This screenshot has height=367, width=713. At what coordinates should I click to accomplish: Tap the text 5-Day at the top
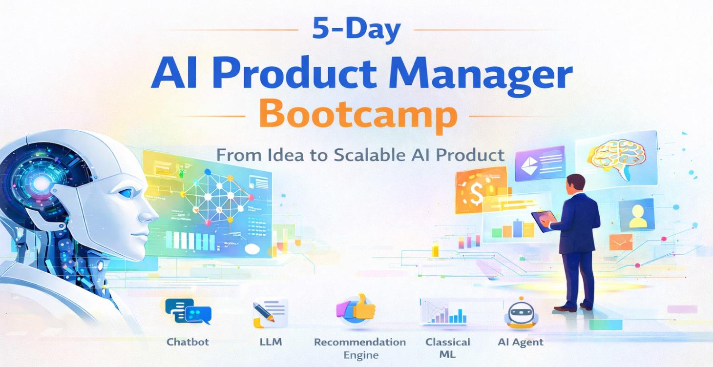[356, 30]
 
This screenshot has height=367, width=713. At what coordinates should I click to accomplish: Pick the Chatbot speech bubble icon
[188, 311]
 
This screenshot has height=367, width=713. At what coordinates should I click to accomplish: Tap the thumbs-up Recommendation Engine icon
[356, 308]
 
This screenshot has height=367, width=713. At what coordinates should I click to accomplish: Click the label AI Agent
[520, 342]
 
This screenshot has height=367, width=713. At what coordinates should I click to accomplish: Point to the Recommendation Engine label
[359, 348]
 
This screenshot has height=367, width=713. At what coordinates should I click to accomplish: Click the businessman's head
[576, 184]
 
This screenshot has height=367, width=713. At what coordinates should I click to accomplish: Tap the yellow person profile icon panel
[636, 215]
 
